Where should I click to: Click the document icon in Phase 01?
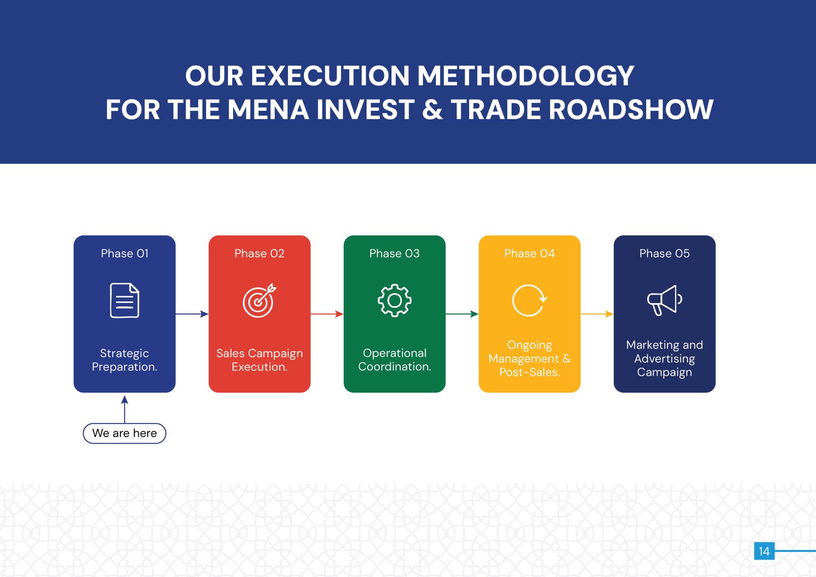124,300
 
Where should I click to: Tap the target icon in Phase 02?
259,300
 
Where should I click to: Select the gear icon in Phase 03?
394,300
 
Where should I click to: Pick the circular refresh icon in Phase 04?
529,300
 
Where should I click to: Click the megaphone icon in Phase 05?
664,300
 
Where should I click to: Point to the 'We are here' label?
124,433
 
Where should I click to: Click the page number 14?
764,551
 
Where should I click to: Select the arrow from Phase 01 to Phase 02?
192,314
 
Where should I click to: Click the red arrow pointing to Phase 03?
327,314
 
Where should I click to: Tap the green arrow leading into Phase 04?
462,314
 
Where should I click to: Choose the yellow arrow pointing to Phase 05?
597,314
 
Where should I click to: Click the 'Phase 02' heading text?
259,254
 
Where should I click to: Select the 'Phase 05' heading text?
664,254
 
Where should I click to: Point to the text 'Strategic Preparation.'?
124,360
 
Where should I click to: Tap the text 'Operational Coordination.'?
394,360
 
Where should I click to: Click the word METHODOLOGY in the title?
525,76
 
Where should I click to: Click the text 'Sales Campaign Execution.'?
259,360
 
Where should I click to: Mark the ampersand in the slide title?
432,110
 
